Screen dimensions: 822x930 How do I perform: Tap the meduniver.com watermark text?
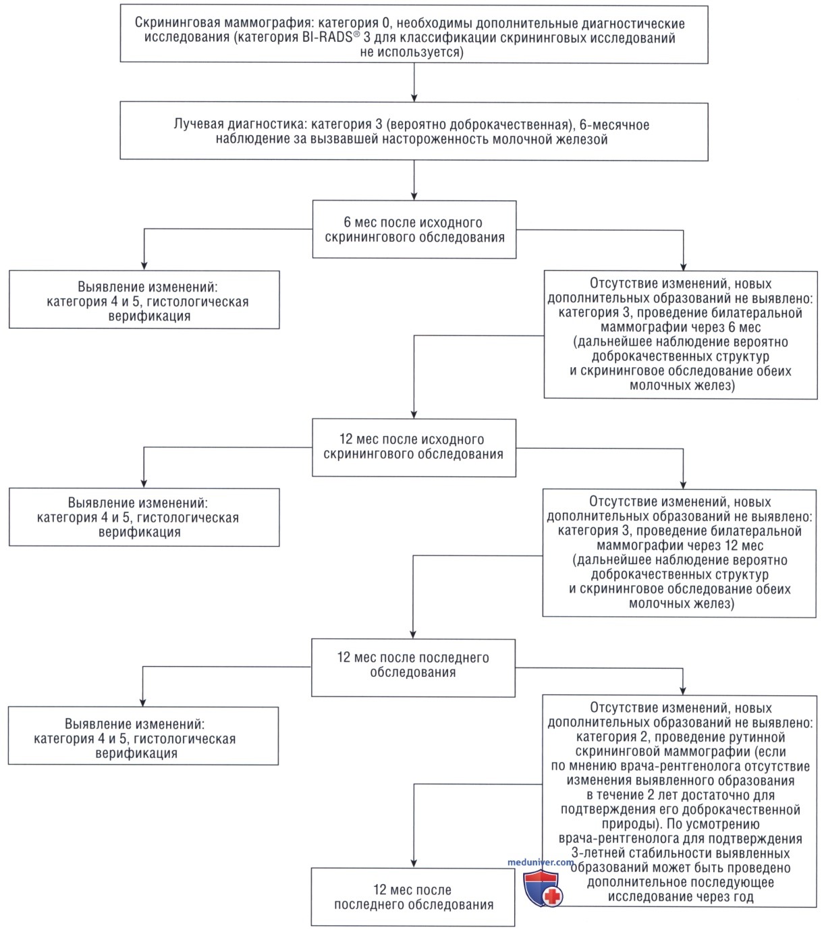[541, 862]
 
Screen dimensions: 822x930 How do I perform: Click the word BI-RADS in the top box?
[327, 38]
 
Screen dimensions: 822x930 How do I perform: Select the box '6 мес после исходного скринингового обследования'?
[414, 229]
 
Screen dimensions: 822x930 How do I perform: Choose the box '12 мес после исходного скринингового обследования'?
[414, 447]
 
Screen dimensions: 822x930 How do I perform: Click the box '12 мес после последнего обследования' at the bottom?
[413, 897]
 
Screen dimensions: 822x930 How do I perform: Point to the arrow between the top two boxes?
[414, 82]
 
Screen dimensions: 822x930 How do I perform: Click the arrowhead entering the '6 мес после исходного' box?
[414, 196]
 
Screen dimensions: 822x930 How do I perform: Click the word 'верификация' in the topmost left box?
[149, 317]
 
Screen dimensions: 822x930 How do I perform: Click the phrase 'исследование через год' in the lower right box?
[681, 896]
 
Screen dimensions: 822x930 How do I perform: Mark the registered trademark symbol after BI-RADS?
[356, 33]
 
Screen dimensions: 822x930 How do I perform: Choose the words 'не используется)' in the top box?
[412, 52]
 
